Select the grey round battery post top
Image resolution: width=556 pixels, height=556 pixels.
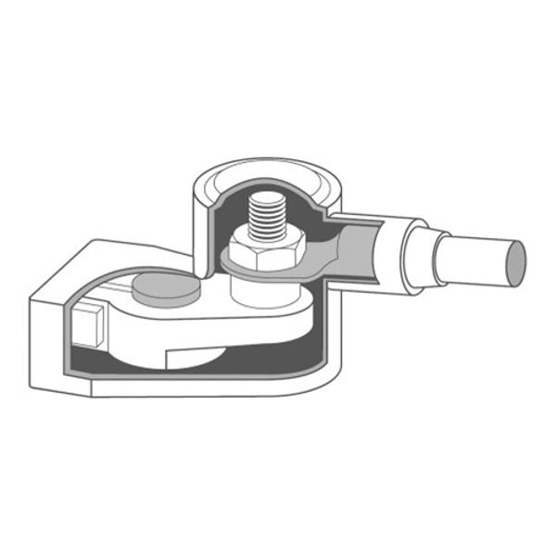point(167,288)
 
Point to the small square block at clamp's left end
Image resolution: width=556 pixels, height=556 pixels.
point(89,322)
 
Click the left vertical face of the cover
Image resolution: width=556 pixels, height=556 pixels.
point(46,343)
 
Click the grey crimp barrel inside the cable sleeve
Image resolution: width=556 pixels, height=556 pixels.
point(357,246)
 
